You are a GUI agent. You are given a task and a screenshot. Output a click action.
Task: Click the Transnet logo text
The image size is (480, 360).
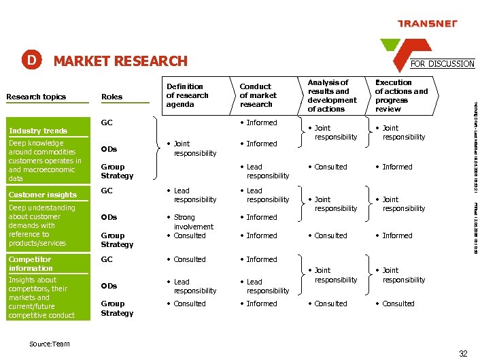426,24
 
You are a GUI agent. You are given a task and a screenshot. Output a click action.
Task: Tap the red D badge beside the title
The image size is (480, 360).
31,60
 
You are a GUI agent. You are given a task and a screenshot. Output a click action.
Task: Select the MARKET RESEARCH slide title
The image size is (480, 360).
120,61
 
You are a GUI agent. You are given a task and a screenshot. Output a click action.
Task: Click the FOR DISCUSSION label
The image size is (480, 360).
442,63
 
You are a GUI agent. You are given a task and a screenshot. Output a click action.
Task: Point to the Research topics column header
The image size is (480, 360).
36,97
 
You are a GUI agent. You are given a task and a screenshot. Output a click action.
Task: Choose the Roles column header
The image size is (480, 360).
112,97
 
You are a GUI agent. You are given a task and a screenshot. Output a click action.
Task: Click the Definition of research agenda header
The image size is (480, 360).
185,95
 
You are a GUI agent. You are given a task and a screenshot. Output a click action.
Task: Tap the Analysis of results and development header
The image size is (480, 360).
332,95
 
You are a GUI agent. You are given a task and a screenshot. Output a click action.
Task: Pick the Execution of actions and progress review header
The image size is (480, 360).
401,95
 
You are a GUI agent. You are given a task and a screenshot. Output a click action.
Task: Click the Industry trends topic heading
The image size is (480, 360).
38,131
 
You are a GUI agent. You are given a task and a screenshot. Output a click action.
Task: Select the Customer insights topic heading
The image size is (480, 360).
43,195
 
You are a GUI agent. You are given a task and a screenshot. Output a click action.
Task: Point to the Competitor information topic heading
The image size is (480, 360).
31,263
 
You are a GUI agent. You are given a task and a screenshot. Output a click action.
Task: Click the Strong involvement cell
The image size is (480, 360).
193,222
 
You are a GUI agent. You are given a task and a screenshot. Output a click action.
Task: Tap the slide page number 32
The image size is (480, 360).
463,353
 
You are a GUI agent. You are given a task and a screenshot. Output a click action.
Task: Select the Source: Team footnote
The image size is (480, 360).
50,344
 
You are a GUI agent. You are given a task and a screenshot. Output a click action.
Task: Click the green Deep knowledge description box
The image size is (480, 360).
44,161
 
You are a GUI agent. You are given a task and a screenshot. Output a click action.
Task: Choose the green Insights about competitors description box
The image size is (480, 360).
44,297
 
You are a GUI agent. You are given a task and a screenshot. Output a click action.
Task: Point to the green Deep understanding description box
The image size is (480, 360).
44,225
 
